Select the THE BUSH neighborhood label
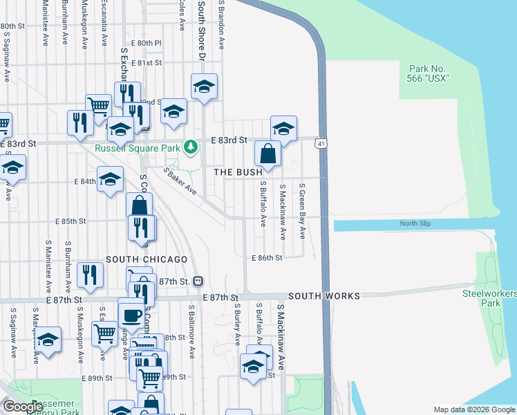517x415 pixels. (x=238, y=172)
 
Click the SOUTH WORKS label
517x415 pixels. (x=324, y=296)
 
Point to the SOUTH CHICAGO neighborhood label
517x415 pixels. (x=147, y=259)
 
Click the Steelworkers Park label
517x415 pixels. (x=490, y=299)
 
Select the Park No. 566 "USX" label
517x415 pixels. (x=429, y=73)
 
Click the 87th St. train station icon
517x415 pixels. (x=198, y=281)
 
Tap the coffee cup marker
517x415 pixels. (x=131, y=315)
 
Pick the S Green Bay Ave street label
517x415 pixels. (x=302, y=210)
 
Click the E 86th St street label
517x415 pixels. (x=266, y=257)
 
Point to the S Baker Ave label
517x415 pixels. (x=180, y=181)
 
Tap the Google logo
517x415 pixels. (x=23, y=407)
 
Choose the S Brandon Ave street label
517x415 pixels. (x=222, y=24)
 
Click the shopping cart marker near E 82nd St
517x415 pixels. (x=100, y=106)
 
